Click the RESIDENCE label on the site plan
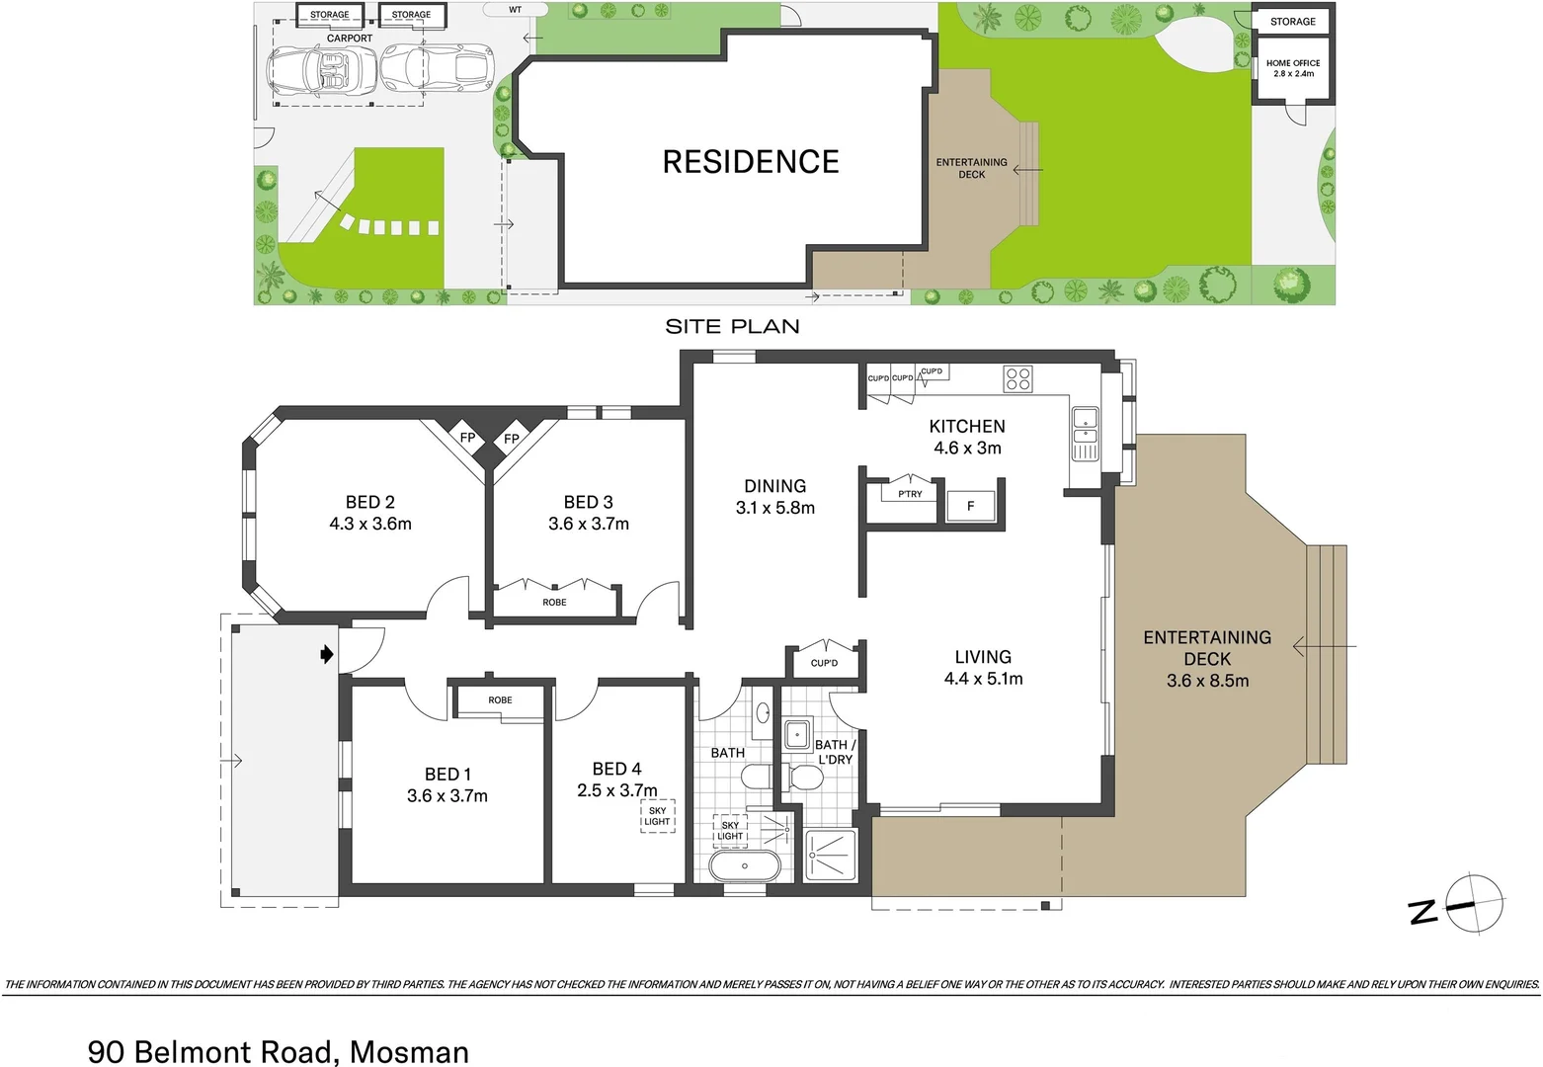(x=751, y=162)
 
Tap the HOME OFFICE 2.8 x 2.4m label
(x=1292, y=68)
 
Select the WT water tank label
(x=515, y=10)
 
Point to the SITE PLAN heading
(x=732, y=327)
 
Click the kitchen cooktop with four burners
(x=1017, y=379)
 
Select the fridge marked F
(x=970, y=506)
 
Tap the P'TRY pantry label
(x=910, y=494)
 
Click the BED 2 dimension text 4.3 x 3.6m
(x=370, y=524)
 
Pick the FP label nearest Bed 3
(x=512, y=439)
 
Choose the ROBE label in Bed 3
(x=554, y=603)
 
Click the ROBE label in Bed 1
(x=500, y=700)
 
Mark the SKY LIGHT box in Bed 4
(x=657, y=816)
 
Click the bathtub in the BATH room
(x=744, y=866)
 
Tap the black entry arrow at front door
(x=327, y=654)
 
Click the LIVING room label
(x=983, y=657)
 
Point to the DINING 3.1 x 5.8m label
(x=775, y=497)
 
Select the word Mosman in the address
(x=409, y=1051)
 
